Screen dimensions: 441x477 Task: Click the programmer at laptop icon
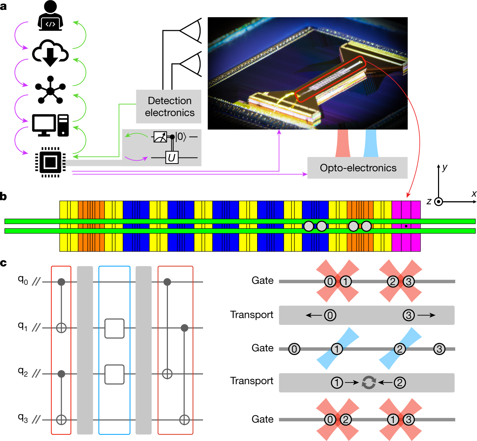pyautogui.click(x=51, y=16)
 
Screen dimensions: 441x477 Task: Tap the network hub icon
pyautogui.click(x=50, y=90)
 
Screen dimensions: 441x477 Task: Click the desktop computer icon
pyautogui.click(x=50, y=125)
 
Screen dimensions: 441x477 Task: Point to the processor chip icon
pyautogui.click(x=50, y=162)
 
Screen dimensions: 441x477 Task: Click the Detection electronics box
pyautogui.click(x=169, y=107)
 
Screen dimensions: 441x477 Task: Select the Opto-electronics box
pyautogui.click(x=358, y=168)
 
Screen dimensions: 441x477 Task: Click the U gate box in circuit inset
pyautogui.click(x=172, y=158)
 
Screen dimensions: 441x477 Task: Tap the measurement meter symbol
pyautogui.click(x=160, y=136)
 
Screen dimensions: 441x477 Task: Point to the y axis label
pyautogui.click(x=445, y=167)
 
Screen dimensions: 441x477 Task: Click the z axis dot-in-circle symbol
pyautogui.click(x=438, y=202)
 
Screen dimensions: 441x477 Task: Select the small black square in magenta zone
pyautogui.click(x=406, y=226)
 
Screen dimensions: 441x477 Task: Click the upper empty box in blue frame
pyautogui.click(x=115, y=328)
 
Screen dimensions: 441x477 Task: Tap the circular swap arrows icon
pyautogui.click(x=369, y=382)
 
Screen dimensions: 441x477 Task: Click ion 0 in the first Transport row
pyautogui.click(x=330, y=315)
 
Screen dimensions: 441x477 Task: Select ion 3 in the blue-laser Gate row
pyautogui.click(x=439, y=349)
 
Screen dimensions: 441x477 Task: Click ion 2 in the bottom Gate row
pyautogui.click(x=346, y=419)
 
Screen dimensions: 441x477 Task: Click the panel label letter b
pyautogui.click(x=4, y=196)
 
